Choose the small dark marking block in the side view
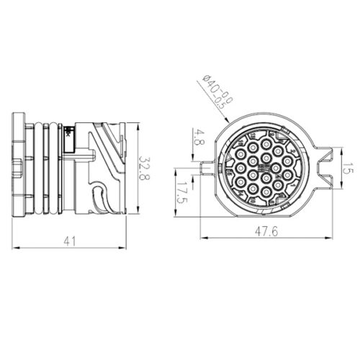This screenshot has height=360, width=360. [68, 132]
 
